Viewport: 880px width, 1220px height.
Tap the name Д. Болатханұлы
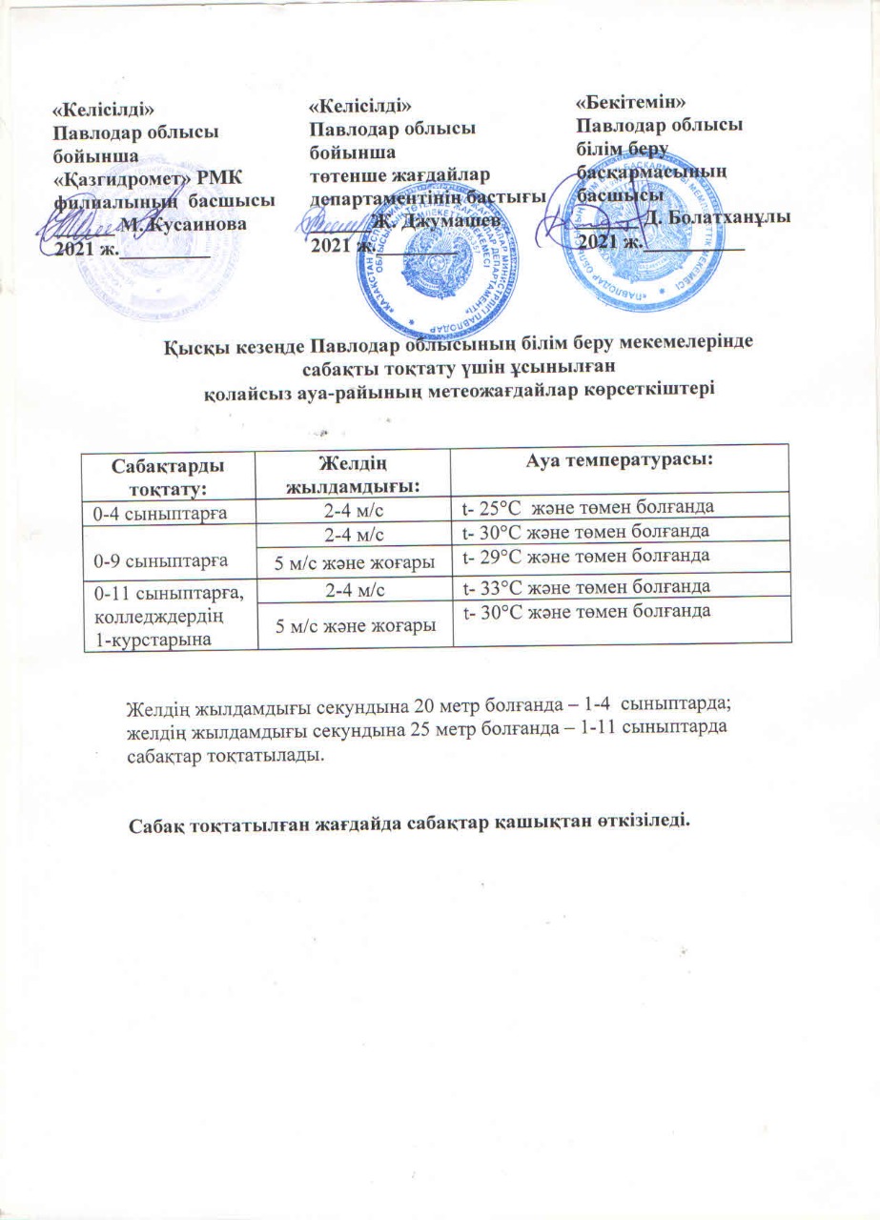pos(717,217)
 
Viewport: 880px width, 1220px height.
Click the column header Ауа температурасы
pos(621,459)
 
